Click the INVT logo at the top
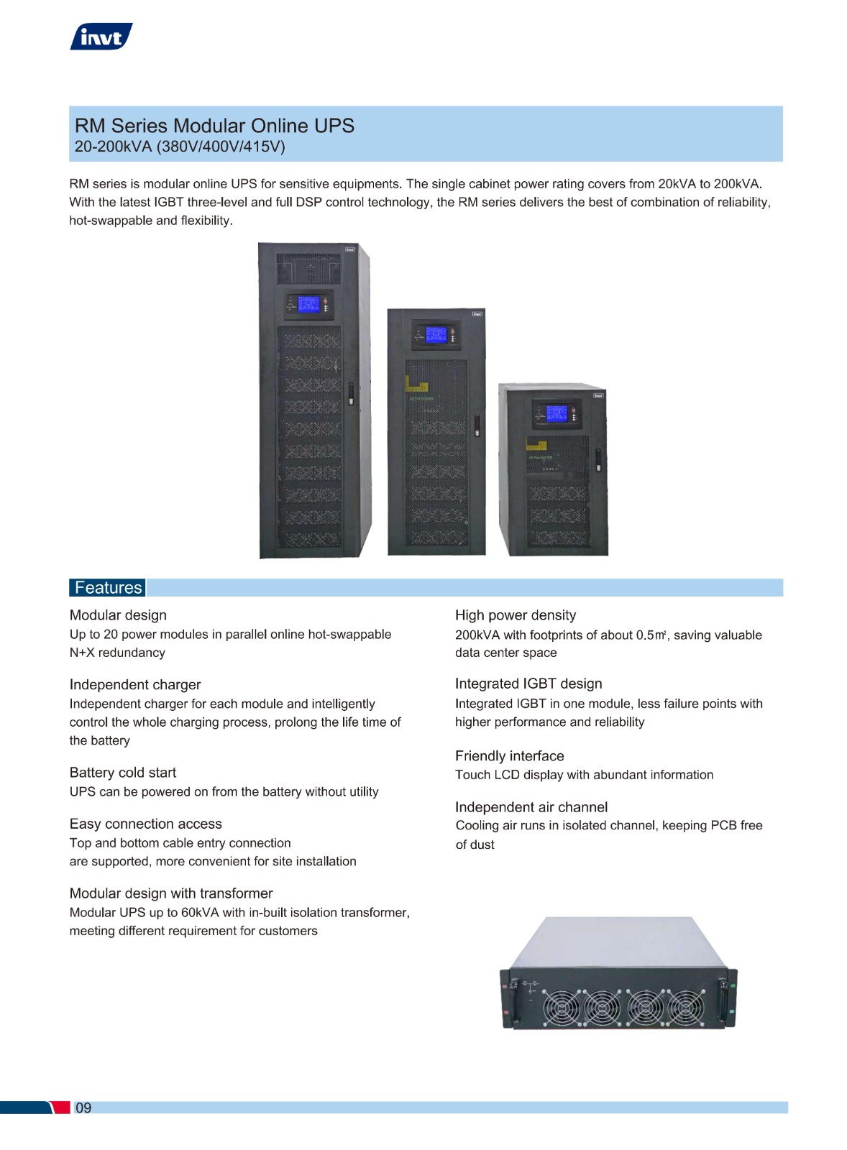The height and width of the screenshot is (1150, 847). pyautogui.click(x=101, y=37)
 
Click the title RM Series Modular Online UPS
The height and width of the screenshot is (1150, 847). pyautogui.click(x=215, y=126)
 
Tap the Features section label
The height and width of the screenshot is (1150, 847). pyautogui.click(x=108, y=587)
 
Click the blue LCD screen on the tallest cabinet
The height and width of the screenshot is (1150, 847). pyautogui.click(x=308, y=305)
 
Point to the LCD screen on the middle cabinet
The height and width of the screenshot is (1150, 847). pyautogui.click(x=436, y=334)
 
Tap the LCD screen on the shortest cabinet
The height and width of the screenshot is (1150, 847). pyautogui.click(x=557, y=413)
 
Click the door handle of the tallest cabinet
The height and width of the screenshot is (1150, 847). pyautogui.click(x=352, y=393)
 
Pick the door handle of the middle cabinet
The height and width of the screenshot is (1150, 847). pyautogui.click(x=477, y=425)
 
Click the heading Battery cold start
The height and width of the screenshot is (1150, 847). pyautogui.click(x=123, y=773)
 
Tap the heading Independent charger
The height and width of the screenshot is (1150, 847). pyautogui.click(x=135, y=685)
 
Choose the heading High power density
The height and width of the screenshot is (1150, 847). pyautogui.click(x=516, y=615)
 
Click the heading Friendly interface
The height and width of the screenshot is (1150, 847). pyautogui.click(x=510, y=755)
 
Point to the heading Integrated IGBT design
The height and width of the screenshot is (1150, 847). pyautogui.click(x=528, y=684)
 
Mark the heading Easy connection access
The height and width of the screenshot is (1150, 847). pyautogui.click(x=146, y=824)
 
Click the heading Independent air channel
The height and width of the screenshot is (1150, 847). pyautogui.click(x=531, y=807)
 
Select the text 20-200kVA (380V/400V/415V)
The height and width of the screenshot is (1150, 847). pyautogui.click(x=180, y=147)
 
